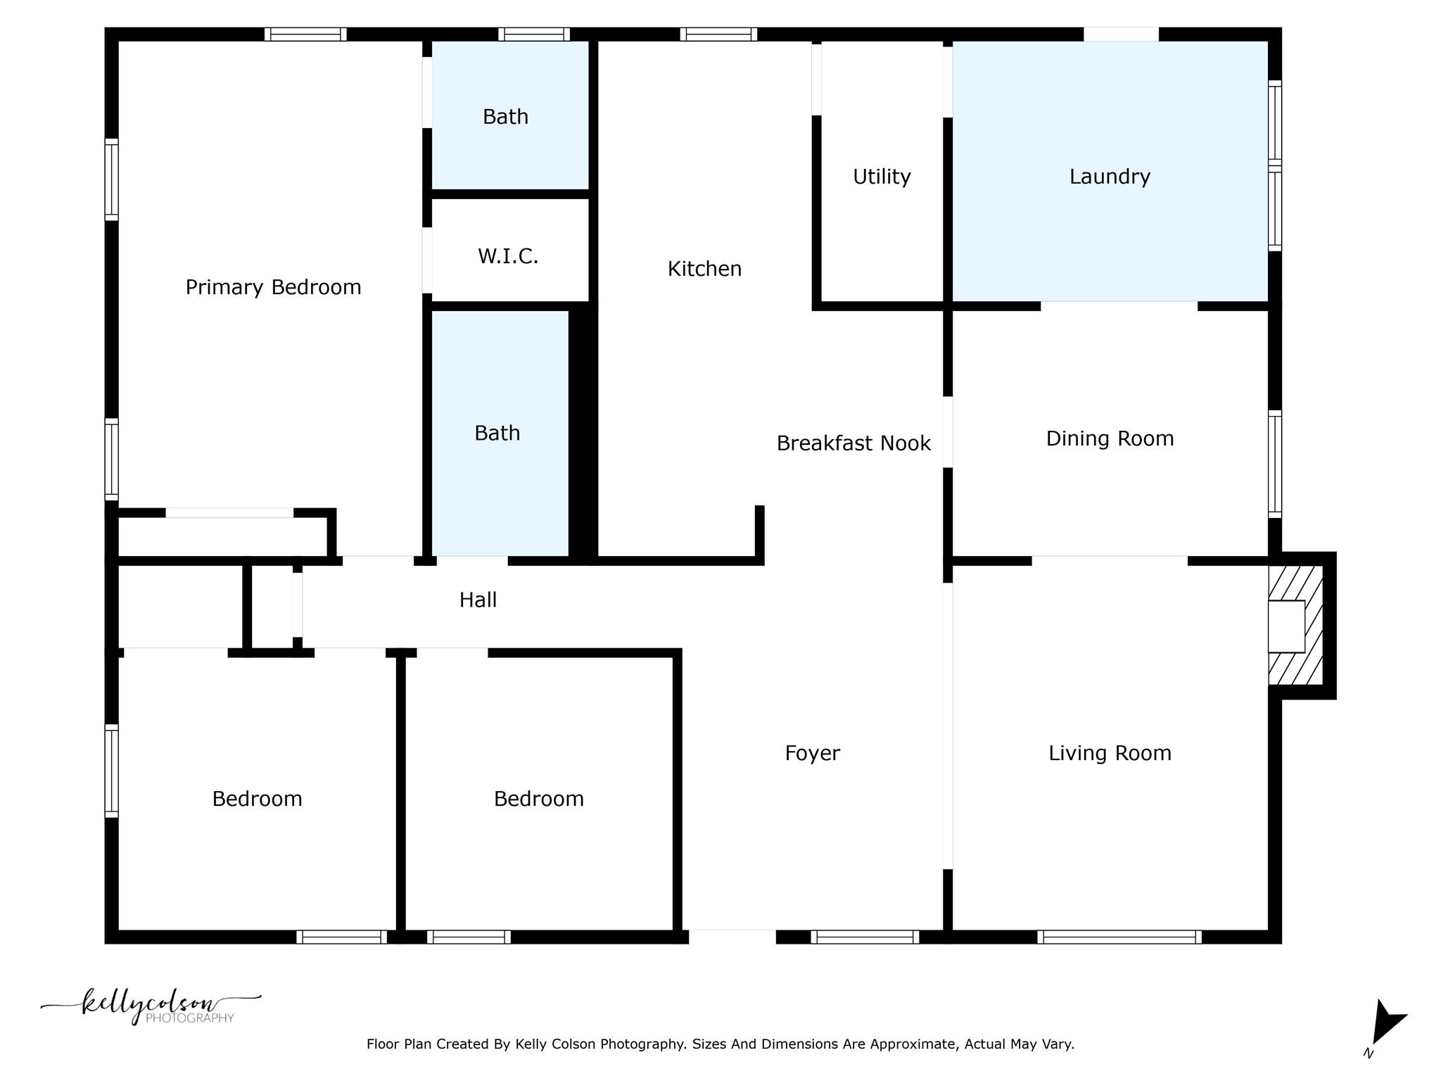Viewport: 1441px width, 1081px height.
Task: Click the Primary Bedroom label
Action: pyautogui.click(x=273, y=287)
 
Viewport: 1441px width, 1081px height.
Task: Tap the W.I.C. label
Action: pyautogui.click(x=508, y=256)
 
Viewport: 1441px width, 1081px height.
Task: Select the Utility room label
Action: pyautogui.click(x=882, y=177)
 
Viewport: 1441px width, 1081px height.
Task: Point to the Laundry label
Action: pyautogui.click(x=1110, y=177)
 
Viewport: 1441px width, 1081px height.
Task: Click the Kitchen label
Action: pyautogui.click(x=704, y=269)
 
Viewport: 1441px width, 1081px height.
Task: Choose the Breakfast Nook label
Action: pyautogui.click(x=853, y=443)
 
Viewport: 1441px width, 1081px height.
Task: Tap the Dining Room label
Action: pyautogui.click(x=1110, y=438)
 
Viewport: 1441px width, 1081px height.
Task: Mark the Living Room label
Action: pyautogui.click(x=1110, y=753)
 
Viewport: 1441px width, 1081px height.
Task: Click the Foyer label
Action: pyautogui.click(x=812, y=753)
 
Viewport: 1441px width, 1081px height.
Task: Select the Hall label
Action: pyautogui.click(x=478, y=600)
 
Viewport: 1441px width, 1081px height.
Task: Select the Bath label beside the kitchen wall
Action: pyautogui.click(x=497, y=433)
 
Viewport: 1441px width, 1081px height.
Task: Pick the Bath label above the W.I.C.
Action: pyautogui.click(x=505, y=117)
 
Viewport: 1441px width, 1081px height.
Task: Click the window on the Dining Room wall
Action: pyautogui.click(x=1275, y=464)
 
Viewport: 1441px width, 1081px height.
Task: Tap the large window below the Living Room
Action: pyautogui.click(x=1119, y=937)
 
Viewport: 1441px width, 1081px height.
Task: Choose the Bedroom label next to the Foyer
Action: pyautogui.click(x=538, y=799)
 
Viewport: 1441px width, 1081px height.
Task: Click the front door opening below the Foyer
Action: pyautogui.click(x=732, y=937)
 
